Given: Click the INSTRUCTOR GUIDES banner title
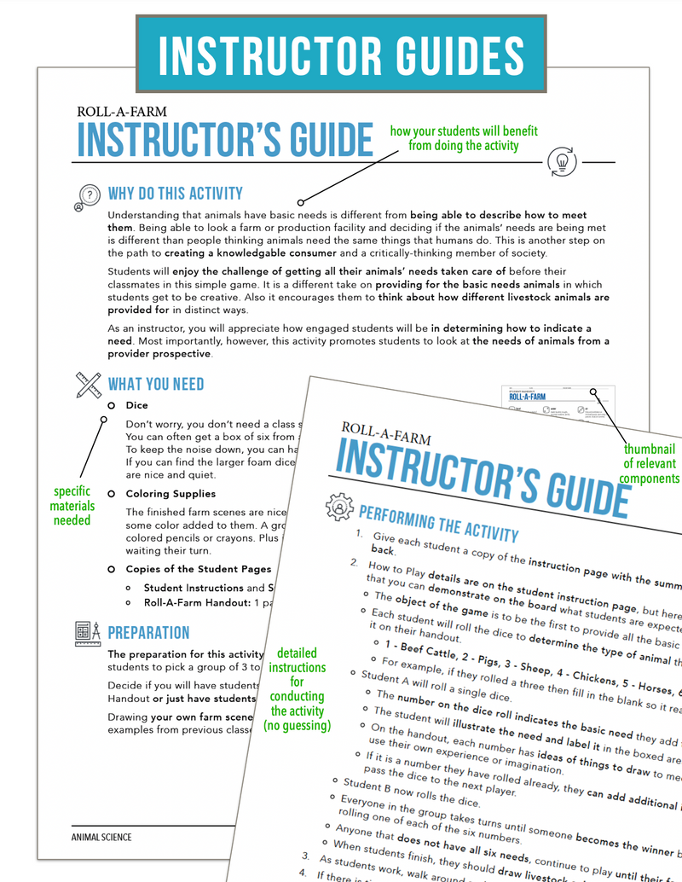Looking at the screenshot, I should pos(340,54).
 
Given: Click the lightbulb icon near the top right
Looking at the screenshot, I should pos(562,161).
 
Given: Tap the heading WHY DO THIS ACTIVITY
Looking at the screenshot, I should pos(175,194).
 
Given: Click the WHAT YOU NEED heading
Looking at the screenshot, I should pos(156,384).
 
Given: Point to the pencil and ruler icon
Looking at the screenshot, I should pos(88,386).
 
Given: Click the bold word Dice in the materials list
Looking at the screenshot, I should pos(136,406).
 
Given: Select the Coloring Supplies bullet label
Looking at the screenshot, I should pos(170,494).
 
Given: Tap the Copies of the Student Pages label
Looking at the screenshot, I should pos(199,569).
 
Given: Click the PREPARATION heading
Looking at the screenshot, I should pos(148,633).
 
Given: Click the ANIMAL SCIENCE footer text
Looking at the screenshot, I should pos(101,837).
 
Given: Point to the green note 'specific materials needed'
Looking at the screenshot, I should pos(72,506).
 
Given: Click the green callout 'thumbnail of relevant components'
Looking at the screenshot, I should pos(649,464).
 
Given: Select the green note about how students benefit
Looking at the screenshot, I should pos(464,138).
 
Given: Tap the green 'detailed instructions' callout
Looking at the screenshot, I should pos(298,689).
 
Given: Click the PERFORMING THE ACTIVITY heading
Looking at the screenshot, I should pos(438,522).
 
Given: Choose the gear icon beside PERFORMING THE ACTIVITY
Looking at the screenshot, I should pos(339,508).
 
